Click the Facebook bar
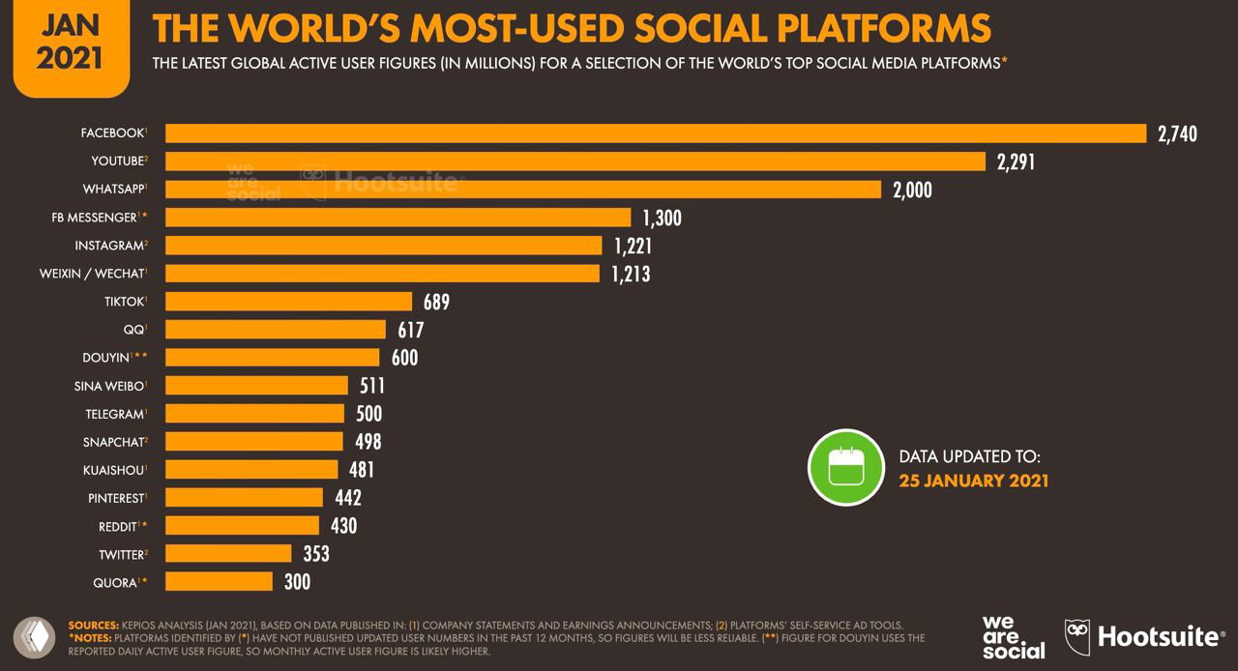656,133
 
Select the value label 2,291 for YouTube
1016,161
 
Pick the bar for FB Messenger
398,218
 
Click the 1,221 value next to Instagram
633,246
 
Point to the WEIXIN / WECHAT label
92,274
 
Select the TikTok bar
288,302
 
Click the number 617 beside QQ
410,330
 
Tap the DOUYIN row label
107,358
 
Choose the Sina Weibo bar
256,386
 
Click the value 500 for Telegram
368,414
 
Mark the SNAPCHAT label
113,442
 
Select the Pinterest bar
244,497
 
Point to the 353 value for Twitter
315,553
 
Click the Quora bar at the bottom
219,581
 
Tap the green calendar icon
846,468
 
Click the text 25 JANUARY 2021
973,481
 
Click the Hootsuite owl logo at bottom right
1077,636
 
